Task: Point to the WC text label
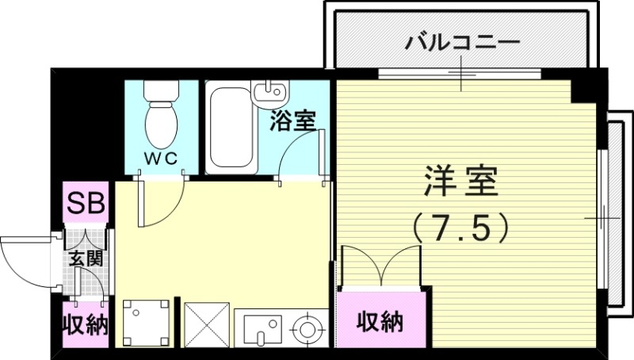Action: click(163, 156)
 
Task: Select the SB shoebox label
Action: click(85, 203)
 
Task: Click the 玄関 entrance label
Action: click(83, 259)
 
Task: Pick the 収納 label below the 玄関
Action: click(85, 325)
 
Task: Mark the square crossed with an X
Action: click(206, 324)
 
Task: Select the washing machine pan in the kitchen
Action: click(146, 322)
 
